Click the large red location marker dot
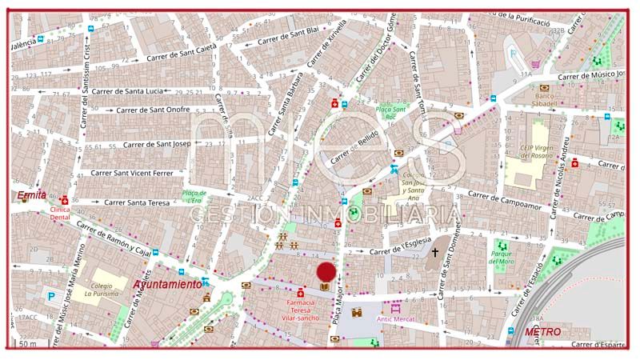(x=326, y=272)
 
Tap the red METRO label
(x=542, y=331)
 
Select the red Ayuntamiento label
(x=167, y=285)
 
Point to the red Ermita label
(x=32, y=195)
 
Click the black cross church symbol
(x=435, y=253)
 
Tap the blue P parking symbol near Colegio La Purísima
(x=51, y=296)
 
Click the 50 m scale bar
(x=28, y=344)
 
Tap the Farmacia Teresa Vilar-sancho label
(x=301, y=309)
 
